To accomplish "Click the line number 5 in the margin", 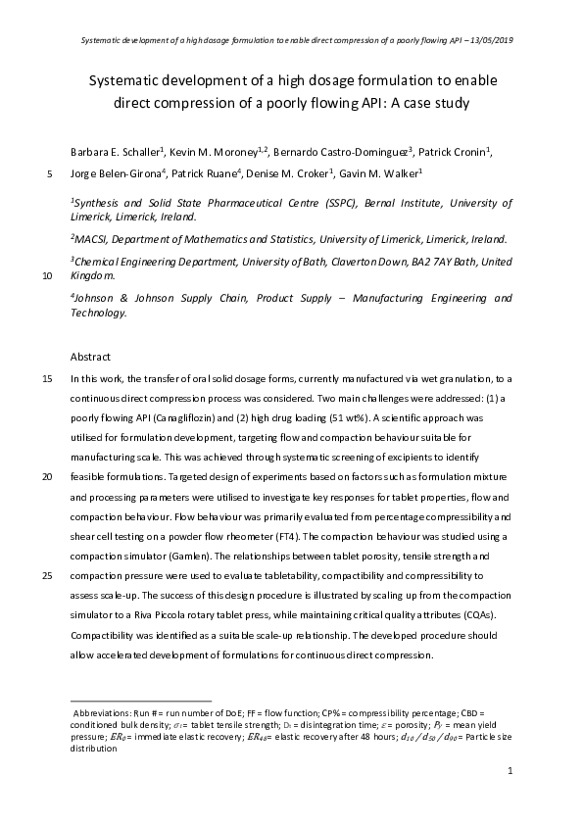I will pos(50,174).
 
